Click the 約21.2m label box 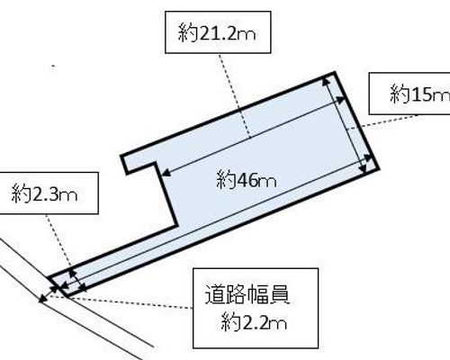tap(218, 32)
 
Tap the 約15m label tap(419, 94)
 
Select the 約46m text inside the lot tap(246, 180)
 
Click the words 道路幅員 tap(247, 295)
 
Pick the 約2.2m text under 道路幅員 tap(254, 323)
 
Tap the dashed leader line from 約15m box tap(382, 121)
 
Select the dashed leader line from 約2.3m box tap(58, 240)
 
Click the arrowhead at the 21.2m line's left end tap(166, 173)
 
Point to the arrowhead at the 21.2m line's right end tap(341, 100)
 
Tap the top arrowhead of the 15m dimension tap(326, 82)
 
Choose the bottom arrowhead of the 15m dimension tap(363, 169)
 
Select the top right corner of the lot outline tap(334, 73)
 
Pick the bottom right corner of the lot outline tap(379, 169)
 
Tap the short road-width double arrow tap(48, 294)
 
